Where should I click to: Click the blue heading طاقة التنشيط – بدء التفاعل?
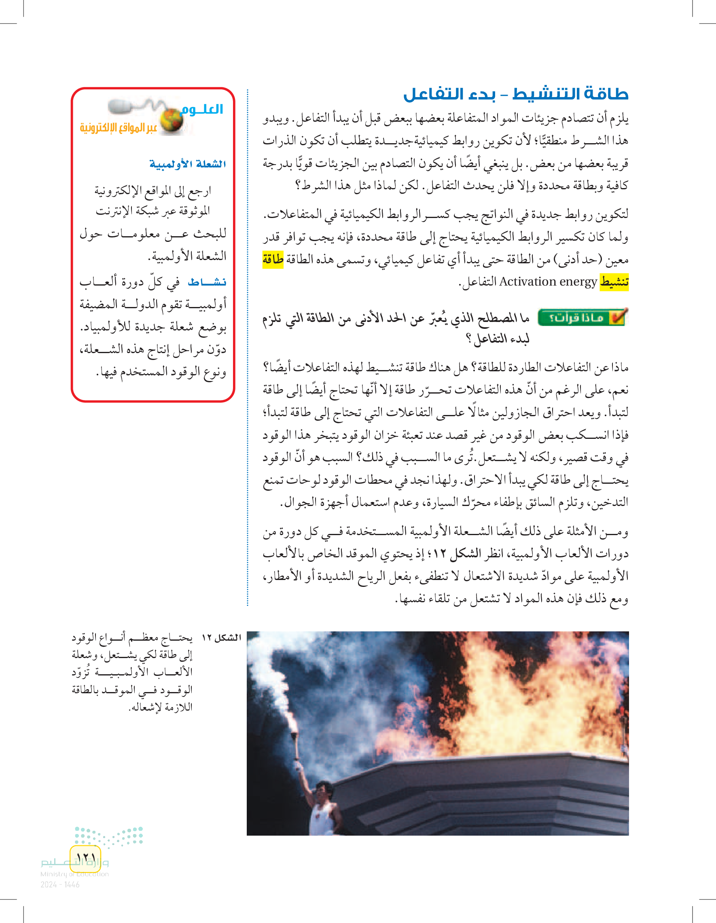516,94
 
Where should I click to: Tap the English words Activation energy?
548,282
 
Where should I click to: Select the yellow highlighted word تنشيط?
614,282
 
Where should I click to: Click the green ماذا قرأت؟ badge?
583,318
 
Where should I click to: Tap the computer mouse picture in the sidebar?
122,106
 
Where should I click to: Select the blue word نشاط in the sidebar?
207,282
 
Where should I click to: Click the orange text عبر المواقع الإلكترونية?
119,128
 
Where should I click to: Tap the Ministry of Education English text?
74,874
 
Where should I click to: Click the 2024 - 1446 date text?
60,885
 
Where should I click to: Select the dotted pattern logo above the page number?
109,836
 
